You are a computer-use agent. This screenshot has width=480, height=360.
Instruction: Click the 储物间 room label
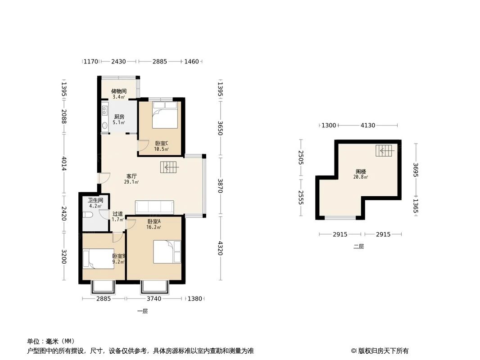click(119, 91)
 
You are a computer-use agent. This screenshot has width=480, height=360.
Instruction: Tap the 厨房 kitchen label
click(118, 117)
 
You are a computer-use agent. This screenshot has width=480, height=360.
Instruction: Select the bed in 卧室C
click(165, 115)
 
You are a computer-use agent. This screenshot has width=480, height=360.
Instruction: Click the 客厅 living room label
click(131, 176)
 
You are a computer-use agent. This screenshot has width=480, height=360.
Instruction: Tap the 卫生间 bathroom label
click(95, 200)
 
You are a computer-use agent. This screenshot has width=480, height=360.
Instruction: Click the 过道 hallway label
click(118, 214)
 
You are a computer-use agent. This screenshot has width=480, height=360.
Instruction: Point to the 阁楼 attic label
click(361, 172)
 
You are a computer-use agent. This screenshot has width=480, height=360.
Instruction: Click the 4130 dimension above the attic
click(368, 126)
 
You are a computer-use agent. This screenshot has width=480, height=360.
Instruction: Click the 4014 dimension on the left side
click(64, 163)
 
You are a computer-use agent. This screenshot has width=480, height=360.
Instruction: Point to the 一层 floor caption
click(142, 311)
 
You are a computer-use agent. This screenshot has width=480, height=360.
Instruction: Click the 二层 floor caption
click(358, 247)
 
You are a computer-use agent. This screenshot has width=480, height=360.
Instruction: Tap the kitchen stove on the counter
click(105, 110)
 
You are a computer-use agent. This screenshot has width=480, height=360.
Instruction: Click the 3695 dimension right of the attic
click(416, 170)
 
